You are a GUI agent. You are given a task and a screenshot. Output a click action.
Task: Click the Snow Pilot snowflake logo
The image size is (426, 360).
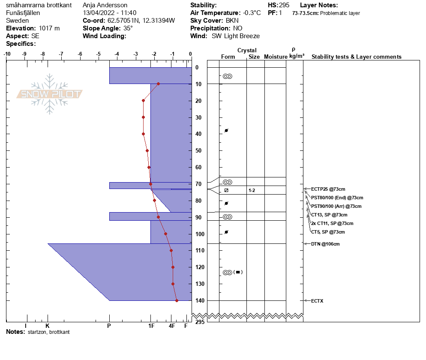(x=49, y=94)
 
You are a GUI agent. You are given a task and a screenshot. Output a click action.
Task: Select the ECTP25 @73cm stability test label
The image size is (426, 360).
(x=328, y=189)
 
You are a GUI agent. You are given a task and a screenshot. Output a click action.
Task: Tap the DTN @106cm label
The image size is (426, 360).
(x=325, y=244)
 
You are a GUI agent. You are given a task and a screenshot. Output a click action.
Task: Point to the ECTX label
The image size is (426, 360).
(x=317, y=301)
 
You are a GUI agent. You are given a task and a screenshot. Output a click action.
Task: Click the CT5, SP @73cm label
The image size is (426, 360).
(x=328, y=232)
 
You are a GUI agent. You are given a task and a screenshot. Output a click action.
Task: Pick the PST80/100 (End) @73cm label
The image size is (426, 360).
(x=337, y=198)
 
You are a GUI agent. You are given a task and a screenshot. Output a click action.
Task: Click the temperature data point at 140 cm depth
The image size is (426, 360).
(x=177, y=300)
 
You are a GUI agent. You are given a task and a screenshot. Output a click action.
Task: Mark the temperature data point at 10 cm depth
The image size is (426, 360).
(x=159, y=84)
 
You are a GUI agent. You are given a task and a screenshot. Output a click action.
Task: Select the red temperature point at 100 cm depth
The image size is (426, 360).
(x=166, y=234)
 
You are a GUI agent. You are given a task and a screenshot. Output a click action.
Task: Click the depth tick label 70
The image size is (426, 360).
(x=198, y=184)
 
